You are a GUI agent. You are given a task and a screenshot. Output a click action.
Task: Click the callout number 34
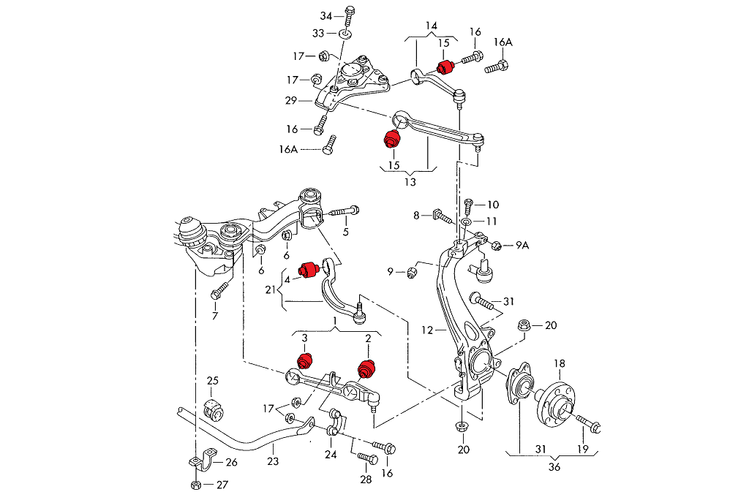click(326, 16)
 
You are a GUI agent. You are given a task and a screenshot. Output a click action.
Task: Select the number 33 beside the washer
click(319, 34)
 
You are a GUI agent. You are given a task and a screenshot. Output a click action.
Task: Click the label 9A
click(522, 246)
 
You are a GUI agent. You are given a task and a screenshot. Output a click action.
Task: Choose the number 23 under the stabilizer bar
click(273, 461)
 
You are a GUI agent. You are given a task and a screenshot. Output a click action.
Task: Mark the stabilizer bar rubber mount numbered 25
click(213, 409)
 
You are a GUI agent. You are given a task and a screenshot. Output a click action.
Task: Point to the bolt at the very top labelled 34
click(349, 13)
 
